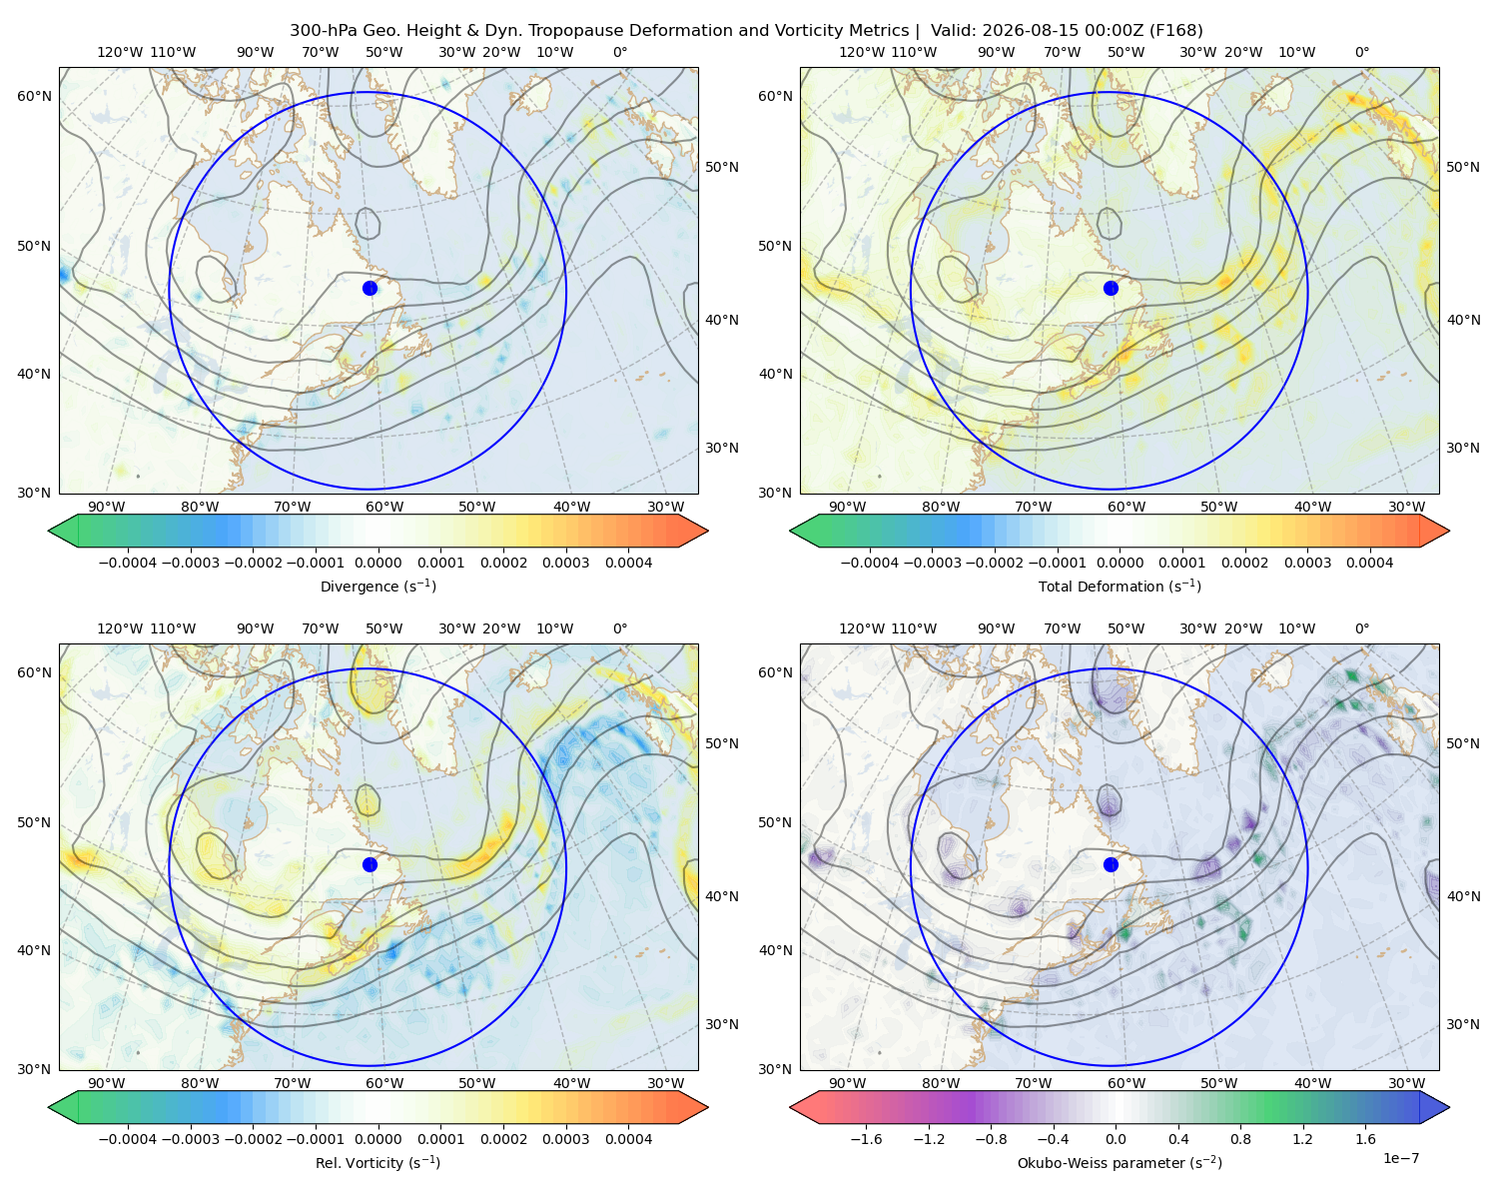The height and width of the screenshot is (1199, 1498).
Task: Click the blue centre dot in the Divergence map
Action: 370,288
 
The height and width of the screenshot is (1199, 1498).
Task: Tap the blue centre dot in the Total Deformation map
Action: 1111,288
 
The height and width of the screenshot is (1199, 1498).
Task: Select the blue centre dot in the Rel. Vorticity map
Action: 370,864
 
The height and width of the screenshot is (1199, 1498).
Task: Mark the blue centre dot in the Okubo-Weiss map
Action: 1111,864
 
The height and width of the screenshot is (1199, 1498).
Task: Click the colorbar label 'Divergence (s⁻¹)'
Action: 377,586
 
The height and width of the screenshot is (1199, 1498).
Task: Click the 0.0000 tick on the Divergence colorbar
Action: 377,563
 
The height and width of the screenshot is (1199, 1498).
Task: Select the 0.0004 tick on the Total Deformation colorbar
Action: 1369,563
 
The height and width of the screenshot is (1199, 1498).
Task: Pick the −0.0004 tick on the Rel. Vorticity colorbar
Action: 128,1138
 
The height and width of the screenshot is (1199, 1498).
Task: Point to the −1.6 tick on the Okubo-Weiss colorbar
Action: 866,1138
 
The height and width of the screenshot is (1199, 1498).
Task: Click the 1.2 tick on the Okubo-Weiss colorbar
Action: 1302,1138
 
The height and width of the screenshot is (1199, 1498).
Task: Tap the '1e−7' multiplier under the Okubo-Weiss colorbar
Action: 1400,1158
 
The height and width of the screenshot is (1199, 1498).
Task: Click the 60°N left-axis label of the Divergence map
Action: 34,96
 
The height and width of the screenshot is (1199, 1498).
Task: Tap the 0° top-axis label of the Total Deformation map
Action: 1361,52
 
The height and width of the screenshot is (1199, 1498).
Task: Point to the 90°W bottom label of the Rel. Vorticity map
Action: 107,1083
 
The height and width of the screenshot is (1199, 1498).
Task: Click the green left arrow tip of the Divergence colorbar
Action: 49,531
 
